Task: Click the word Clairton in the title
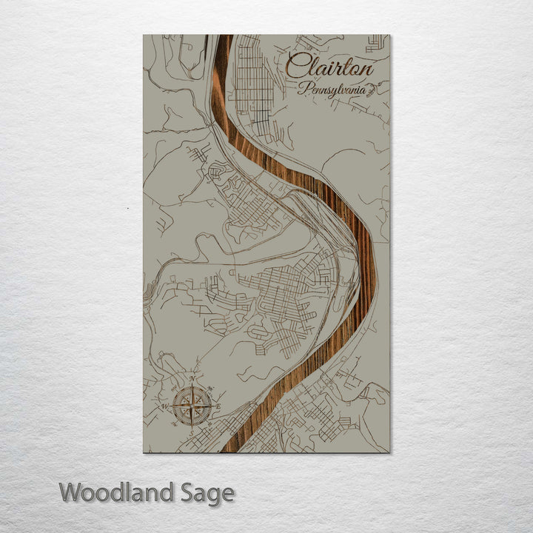[329, 67]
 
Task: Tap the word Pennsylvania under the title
[332, 90]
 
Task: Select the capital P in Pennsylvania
[303, 89]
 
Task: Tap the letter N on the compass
[193, 380]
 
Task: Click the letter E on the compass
[218, 406]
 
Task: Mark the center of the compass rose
[192, 406]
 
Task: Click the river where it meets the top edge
[224, 37]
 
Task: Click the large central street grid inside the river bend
[285, 292]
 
